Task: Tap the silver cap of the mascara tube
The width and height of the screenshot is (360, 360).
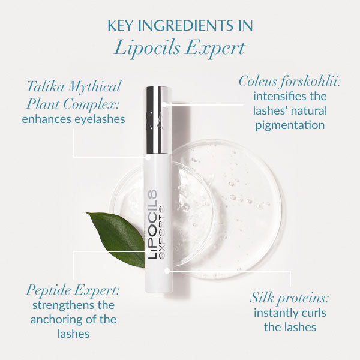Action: coord(158,120)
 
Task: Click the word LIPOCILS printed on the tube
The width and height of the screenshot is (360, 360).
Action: coord(152,224)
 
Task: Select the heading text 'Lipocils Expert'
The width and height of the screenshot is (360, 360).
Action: coord(179,48)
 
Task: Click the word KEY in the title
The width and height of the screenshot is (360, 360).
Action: coord(120,25)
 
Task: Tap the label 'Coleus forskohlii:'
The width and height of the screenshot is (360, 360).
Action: coord(289,82)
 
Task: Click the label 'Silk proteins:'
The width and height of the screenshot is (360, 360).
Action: coord(289,298)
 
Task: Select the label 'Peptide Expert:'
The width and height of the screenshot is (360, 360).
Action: coord(73,290)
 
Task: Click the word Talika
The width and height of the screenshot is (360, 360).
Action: coord(45,86)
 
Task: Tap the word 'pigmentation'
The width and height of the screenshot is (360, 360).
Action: coord(290,125)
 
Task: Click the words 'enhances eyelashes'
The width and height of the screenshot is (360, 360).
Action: coord(73,119)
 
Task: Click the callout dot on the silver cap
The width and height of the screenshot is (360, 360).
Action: coord(164,104)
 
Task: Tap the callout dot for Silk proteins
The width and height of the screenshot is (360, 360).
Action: coord(167,271)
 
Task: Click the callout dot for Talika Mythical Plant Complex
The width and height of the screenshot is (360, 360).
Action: coord(148,157)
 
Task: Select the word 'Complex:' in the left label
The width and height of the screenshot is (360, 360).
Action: coord(91,104)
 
